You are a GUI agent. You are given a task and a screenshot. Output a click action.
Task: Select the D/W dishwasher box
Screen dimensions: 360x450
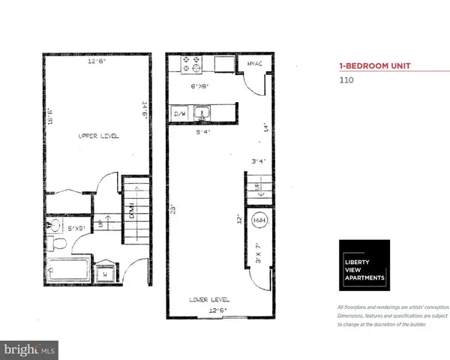[179, 114]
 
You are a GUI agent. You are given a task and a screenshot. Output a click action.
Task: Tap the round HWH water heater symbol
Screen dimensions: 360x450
[259, 220]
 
